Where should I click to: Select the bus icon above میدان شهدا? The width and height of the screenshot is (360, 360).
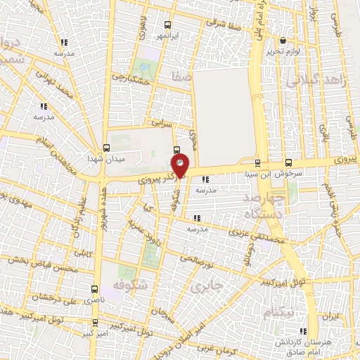(106, 148)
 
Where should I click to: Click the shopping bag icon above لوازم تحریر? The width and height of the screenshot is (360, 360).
(283, 41)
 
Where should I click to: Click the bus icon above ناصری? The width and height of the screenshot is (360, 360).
(95, 288)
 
